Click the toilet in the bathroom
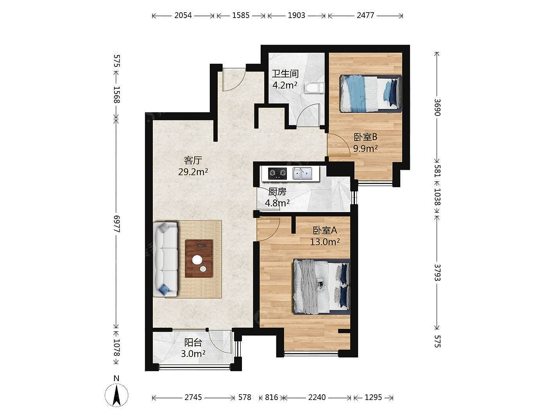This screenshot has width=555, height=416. coord(314,88)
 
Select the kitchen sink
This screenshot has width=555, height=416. coord(303,173)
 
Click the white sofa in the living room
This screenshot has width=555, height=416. coord(165,259)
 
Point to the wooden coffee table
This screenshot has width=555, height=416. coord(199,259)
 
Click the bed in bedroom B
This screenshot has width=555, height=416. coord(371,93)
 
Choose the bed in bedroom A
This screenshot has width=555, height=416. coord(322,286)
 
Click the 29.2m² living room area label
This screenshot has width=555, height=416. coord(193,172)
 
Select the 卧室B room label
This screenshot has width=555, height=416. coord(365,137)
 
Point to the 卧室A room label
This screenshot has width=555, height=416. coord(325,230)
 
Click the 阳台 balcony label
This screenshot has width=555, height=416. coord(193,343)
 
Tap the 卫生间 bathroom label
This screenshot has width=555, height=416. coord(285,74)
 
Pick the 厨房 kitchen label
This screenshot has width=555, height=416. coord(277,192)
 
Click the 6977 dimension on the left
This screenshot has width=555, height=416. coord(116,224)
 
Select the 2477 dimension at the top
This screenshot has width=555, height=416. coord(365,15)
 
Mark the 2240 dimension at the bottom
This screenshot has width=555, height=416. coord(317,397)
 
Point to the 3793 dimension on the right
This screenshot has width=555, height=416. coord(437,273)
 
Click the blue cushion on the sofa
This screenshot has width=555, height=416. coord(164,289)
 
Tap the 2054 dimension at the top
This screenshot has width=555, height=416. coord(183,15)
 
